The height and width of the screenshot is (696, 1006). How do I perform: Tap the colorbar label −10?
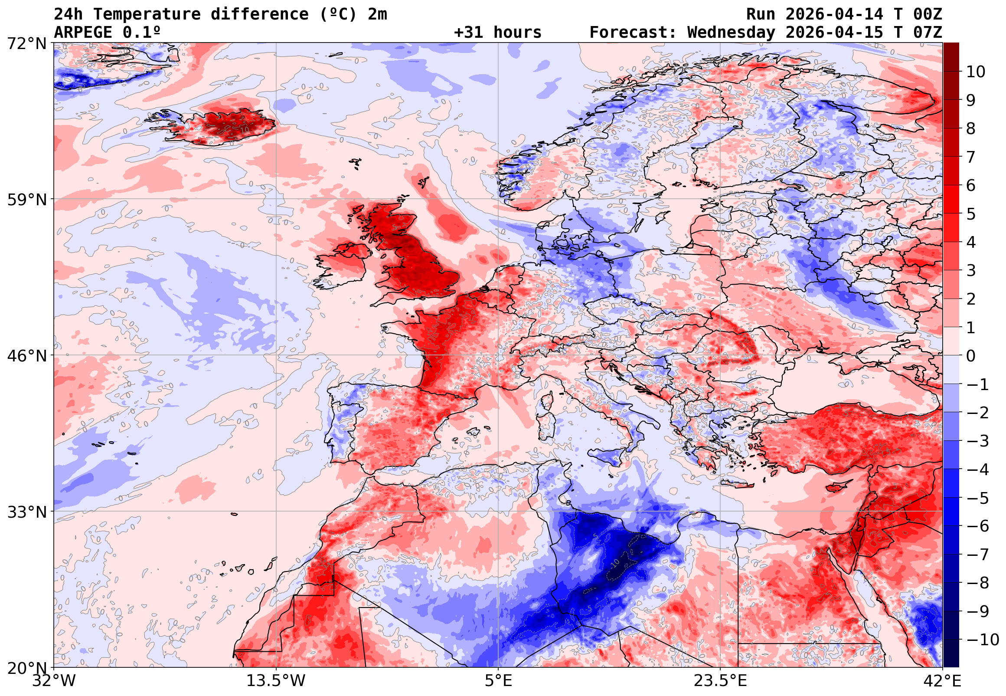coord(983,640)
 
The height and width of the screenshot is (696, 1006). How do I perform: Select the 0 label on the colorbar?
coord(971,356)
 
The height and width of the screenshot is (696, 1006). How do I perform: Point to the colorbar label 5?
coord(971,214)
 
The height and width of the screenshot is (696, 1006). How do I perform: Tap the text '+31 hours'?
coord(497,32)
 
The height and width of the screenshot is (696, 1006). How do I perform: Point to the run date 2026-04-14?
coord(834,14)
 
